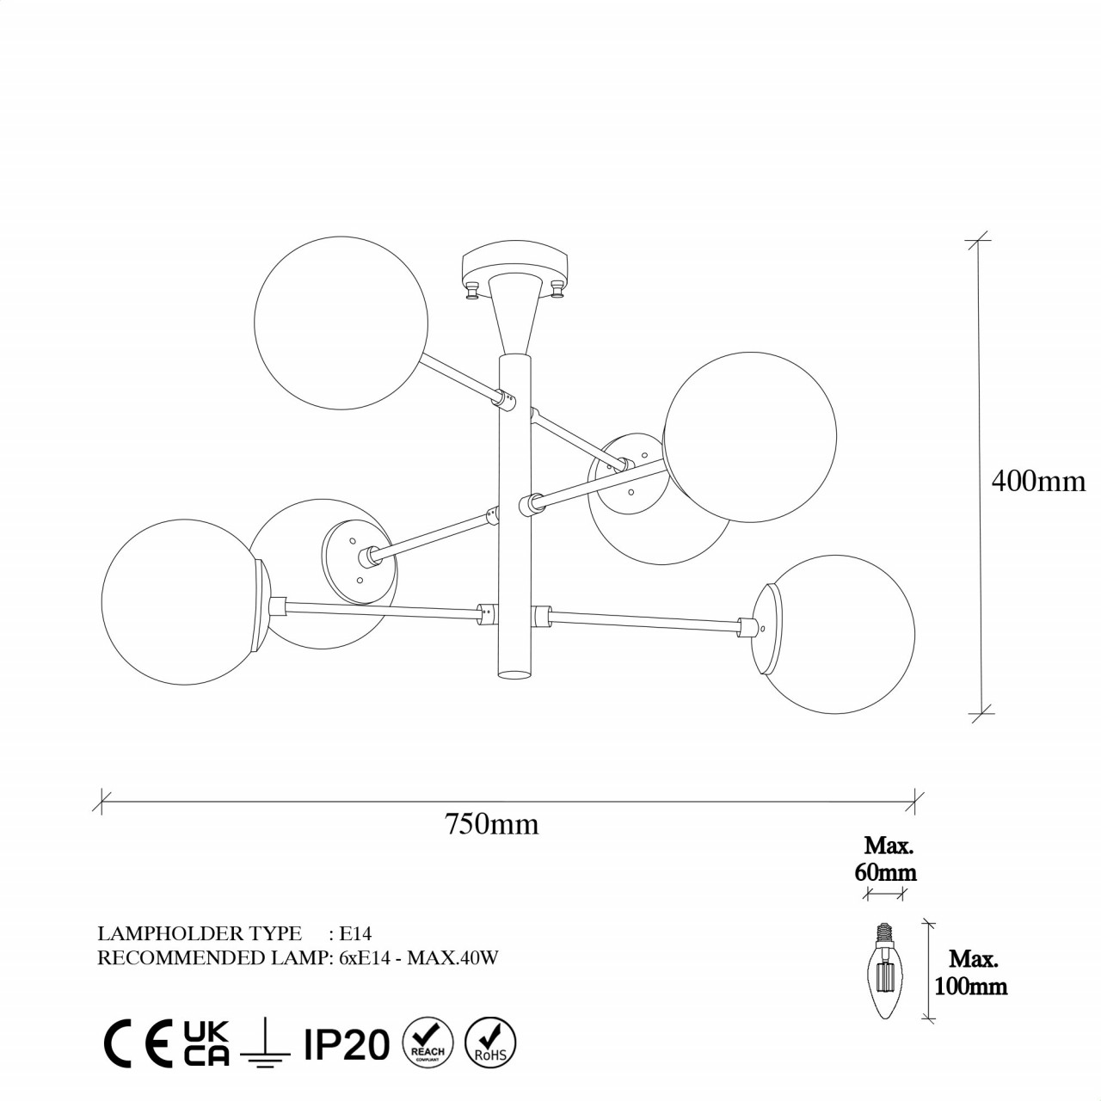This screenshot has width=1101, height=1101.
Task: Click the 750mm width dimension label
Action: (x=491, y=824)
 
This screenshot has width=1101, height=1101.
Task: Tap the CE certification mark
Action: (x=141, y=1044)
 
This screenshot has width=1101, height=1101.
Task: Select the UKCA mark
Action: (x=206, y=1043)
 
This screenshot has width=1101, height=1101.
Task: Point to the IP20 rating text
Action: (x=347, y=1044)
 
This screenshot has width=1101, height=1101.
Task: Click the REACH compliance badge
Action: (x=427, y=1042)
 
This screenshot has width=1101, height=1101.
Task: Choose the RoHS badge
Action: (x=489, y=1042)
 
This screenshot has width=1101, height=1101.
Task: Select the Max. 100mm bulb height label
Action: (x=972, y=972)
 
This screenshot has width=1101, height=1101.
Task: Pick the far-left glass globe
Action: (x=181, y=599)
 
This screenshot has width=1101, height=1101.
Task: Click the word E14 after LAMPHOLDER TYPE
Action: (x=354, y=933)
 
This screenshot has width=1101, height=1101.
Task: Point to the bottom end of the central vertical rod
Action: (x=515, y=674)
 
